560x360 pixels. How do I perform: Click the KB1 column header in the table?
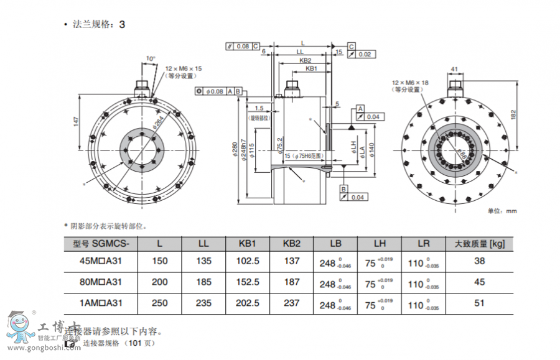[247, 244]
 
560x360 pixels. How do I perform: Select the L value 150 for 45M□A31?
[160, 262]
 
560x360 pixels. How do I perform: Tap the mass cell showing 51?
[479, 303]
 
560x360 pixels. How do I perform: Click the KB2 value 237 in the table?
[291, 303]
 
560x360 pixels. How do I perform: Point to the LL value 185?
[203, 282]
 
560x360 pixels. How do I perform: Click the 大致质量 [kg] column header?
[479, 244]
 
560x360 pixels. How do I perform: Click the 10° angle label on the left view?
[151, 58]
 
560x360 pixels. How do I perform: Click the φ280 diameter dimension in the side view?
[235, 150]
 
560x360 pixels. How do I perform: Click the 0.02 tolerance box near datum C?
[365, 55]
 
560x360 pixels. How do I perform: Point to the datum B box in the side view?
[343, 188]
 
